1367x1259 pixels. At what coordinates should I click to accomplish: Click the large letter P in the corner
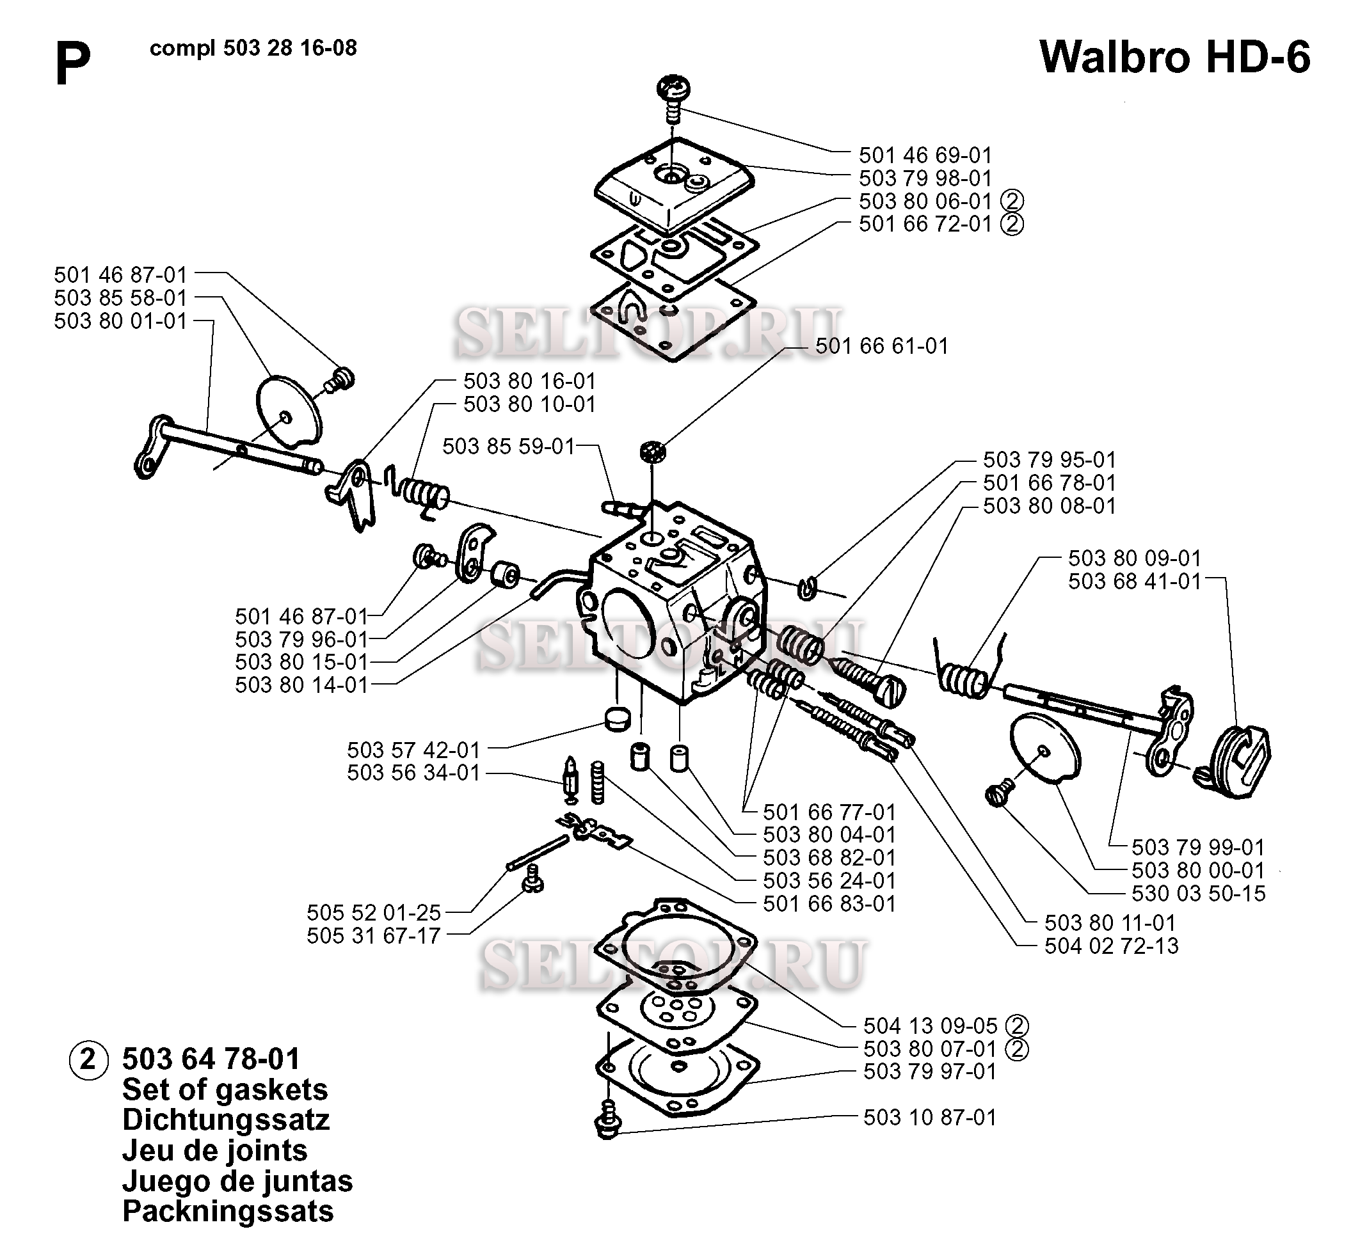click(x=72, y=63)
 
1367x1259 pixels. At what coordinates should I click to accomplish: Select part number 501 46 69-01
click(x=925, y=155)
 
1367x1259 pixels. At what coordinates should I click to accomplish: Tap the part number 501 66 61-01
click(x=881, y=346)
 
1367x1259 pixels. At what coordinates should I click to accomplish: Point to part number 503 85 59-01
click(x=508, y=447)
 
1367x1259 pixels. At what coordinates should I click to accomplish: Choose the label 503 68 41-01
click(x=1134, y=581)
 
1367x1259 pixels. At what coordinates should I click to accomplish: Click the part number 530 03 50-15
click(x=1198, y=893)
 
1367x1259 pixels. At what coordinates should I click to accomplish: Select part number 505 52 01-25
click(x=374, y=912)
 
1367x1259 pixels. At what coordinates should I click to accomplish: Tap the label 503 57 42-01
click(x=413, y=750)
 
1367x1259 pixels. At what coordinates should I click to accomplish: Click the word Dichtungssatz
click(x=225, y=1120)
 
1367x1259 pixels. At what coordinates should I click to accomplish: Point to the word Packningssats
click(x=228, y=1210)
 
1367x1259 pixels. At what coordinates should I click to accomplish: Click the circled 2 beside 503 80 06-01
click(x=1012, y=201)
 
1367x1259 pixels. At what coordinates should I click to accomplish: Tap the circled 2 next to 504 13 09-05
click(x=1017, y=1025)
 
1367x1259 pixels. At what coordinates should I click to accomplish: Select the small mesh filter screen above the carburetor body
click(x=652, y=452)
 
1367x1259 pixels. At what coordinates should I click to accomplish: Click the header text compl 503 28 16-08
click(x=253, y=49)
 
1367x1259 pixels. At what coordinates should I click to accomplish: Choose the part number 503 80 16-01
click(x=529, y=381)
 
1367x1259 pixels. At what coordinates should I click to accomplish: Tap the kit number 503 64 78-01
click(x=211, y=1059)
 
